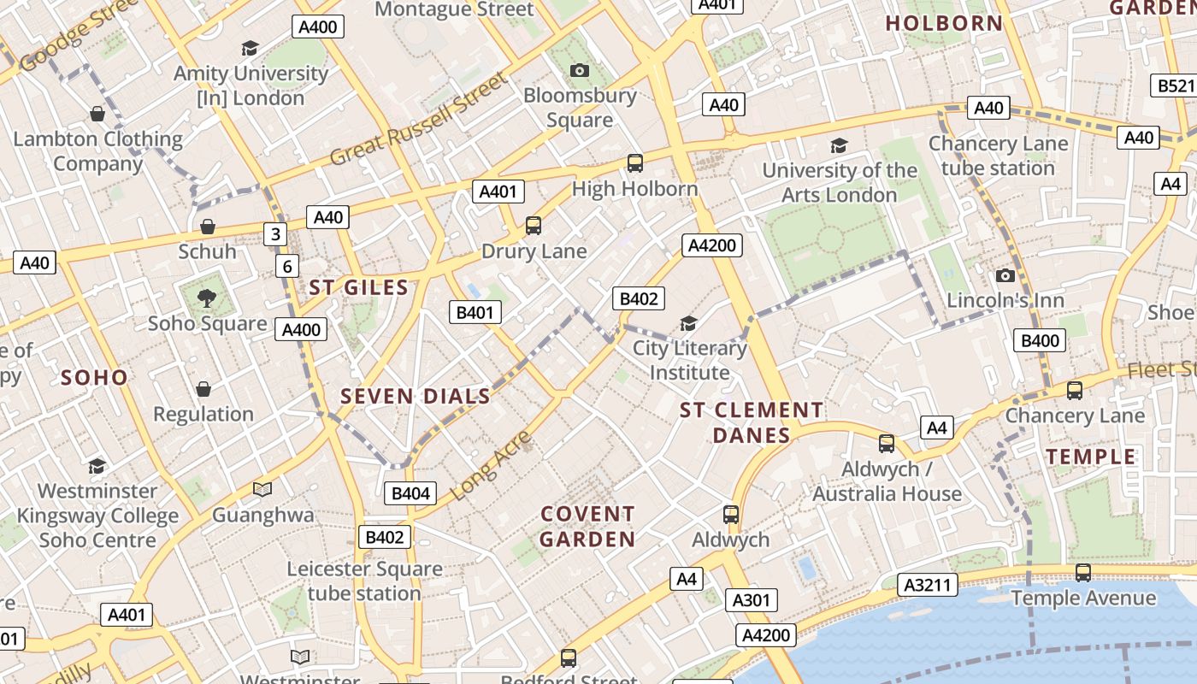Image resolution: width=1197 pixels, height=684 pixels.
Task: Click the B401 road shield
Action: (x=475, y=312)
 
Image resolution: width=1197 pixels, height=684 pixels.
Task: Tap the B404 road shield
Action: (x=410, y=492)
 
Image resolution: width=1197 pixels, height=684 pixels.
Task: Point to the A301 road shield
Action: (x=752, y=600)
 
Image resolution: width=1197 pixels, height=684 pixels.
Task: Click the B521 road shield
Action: (x=1175, y=85)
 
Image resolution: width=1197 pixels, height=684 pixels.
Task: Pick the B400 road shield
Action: (x=1040, y=340)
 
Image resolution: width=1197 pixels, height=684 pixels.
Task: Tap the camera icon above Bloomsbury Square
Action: (x=580, y=70)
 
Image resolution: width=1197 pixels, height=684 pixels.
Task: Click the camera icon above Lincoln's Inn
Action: (x=1005, y=275)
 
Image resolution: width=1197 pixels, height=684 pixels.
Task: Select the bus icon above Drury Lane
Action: (x=534, y=226)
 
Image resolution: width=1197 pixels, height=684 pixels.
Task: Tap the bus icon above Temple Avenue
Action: (x=1082, y=573)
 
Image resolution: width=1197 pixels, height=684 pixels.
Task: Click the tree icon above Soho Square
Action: (x=206, y=298)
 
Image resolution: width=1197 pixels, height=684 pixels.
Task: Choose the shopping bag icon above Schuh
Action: (x=207, y=227)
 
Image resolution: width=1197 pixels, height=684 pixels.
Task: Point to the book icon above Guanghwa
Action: (x=262, y=490)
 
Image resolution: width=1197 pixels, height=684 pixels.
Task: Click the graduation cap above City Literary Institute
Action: (x=688, y=323)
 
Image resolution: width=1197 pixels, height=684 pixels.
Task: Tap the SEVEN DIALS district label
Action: (x=416, y=396)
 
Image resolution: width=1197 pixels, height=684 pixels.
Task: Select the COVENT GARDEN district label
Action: (x=587, y=526)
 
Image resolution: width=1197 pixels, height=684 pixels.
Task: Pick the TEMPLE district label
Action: (x=1092, y=456)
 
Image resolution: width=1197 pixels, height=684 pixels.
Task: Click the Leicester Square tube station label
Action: (x=365, y=581)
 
